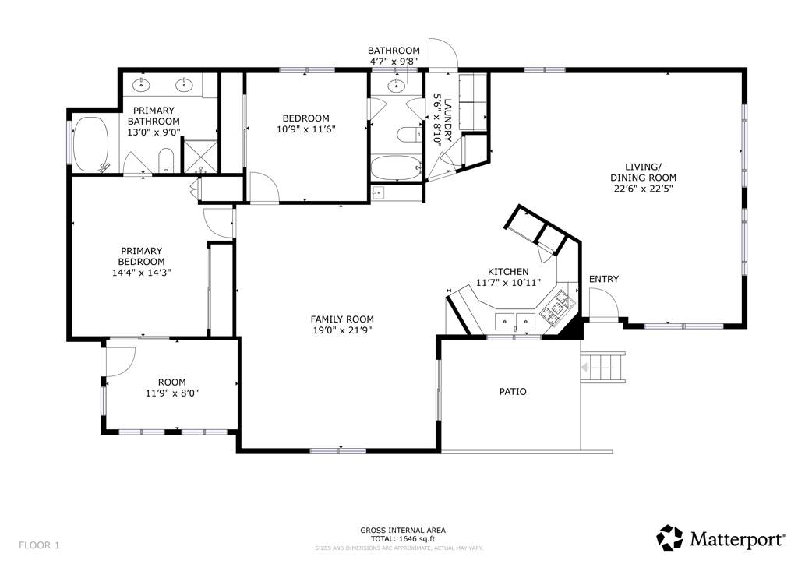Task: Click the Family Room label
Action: [342, 319]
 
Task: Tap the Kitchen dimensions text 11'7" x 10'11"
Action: [508, 283]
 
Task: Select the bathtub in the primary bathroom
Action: [92, 144]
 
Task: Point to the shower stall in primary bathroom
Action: [200, 156]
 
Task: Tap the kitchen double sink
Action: [515, 322]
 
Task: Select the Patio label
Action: [513, 392]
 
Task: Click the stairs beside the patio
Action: [602, 366]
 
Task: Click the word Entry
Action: [604, 279]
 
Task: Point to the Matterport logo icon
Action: [669, 538]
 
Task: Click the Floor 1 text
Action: [39, 545]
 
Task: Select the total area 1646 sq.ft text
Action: [403, 539]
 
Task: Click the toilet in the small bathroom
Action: [409, 134]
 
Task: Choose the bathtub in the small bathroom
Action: [396, 167]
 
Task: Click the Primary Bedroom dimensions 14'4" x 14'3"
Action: [142, 273]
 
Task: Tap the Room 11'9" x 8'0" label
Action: [172, 387]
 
